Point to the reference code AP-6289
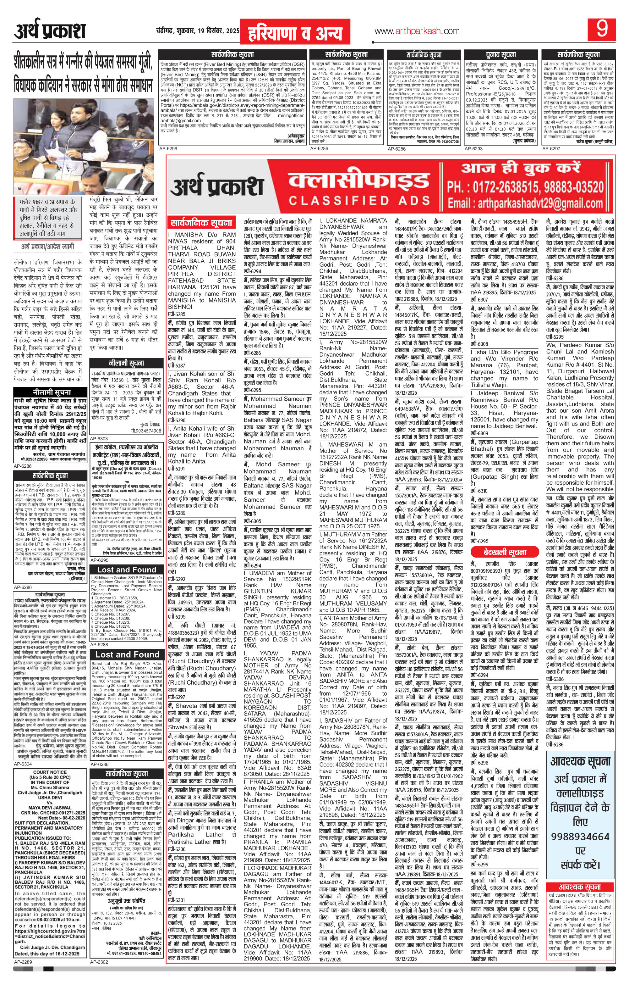tap(23, 982)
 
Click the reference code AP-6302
tap(99, 982)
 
